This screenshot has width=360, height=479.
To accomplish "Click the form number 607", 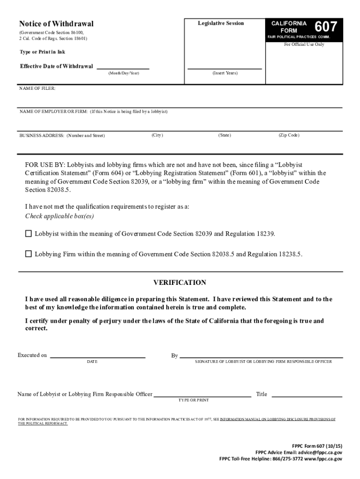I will [x=325, y=27].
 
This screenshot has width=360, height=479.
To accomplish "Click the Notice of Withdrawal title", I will [x=56, y=24].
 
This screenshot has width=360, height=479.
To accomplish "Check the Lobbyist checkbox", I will [x=29, y=233].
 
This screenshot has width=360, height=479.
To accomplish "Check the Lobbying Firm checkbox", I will [x=29, y=254].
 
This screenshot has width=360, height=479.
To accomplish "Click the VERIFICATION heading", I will [x=180, y=283].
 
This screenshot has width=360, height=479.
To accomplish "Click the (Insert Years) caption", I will [x=225, y=73].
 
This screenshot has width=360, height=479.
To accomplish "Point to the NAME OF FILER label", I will [x=37, y=88].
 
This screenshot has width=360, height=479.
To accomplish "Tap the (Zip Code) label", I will [x=288, y=135].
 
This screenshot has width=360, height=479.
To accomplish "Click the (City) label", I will [x=157, y=135].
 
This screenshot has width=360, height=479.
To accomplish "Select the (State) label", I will [x=224, y=135].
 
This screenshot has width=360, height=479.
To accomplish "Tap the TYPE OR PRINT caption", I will [x=194, y=400].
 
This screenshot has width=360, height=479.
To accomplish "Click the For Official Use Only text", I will [x=304, y=45].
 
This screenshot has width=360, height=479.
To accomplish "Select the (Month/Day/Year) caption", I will [x=123, y=73].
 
